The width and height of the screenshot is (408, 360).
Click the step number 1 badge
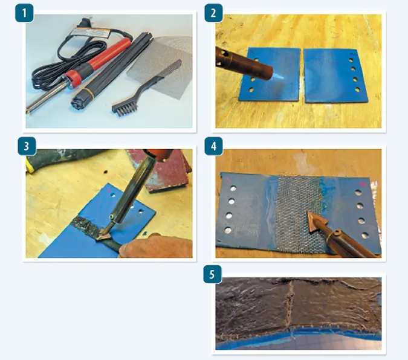click(x=24, y=13)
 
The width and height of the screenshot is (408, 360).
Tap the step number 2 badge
click(x=213, y=13)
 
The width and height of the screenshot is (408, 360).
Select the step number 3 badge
click(x=26, y=146)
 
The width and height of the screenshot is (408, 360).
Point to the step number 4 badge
click(x=213, y=146)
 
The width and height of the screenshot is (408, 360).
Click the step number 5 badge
click(x=212, y=274)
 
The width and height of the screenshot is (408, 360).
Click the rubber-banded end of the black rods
click(x=81, y=100)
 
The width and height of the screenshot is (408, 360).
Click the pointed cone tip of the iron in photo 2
click(x=279, y=76)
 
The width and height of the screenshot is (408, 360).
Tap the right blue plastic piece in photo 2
click(x=335, y=76)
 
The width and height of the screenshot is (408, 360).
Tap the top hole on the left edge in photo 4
click(x=233, y=188)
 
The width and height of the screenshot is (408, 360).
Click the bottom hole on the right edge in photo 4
click(x=365, y=236)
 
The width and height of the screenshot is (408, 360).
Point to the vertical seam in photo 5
click(x=290, y=304)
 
